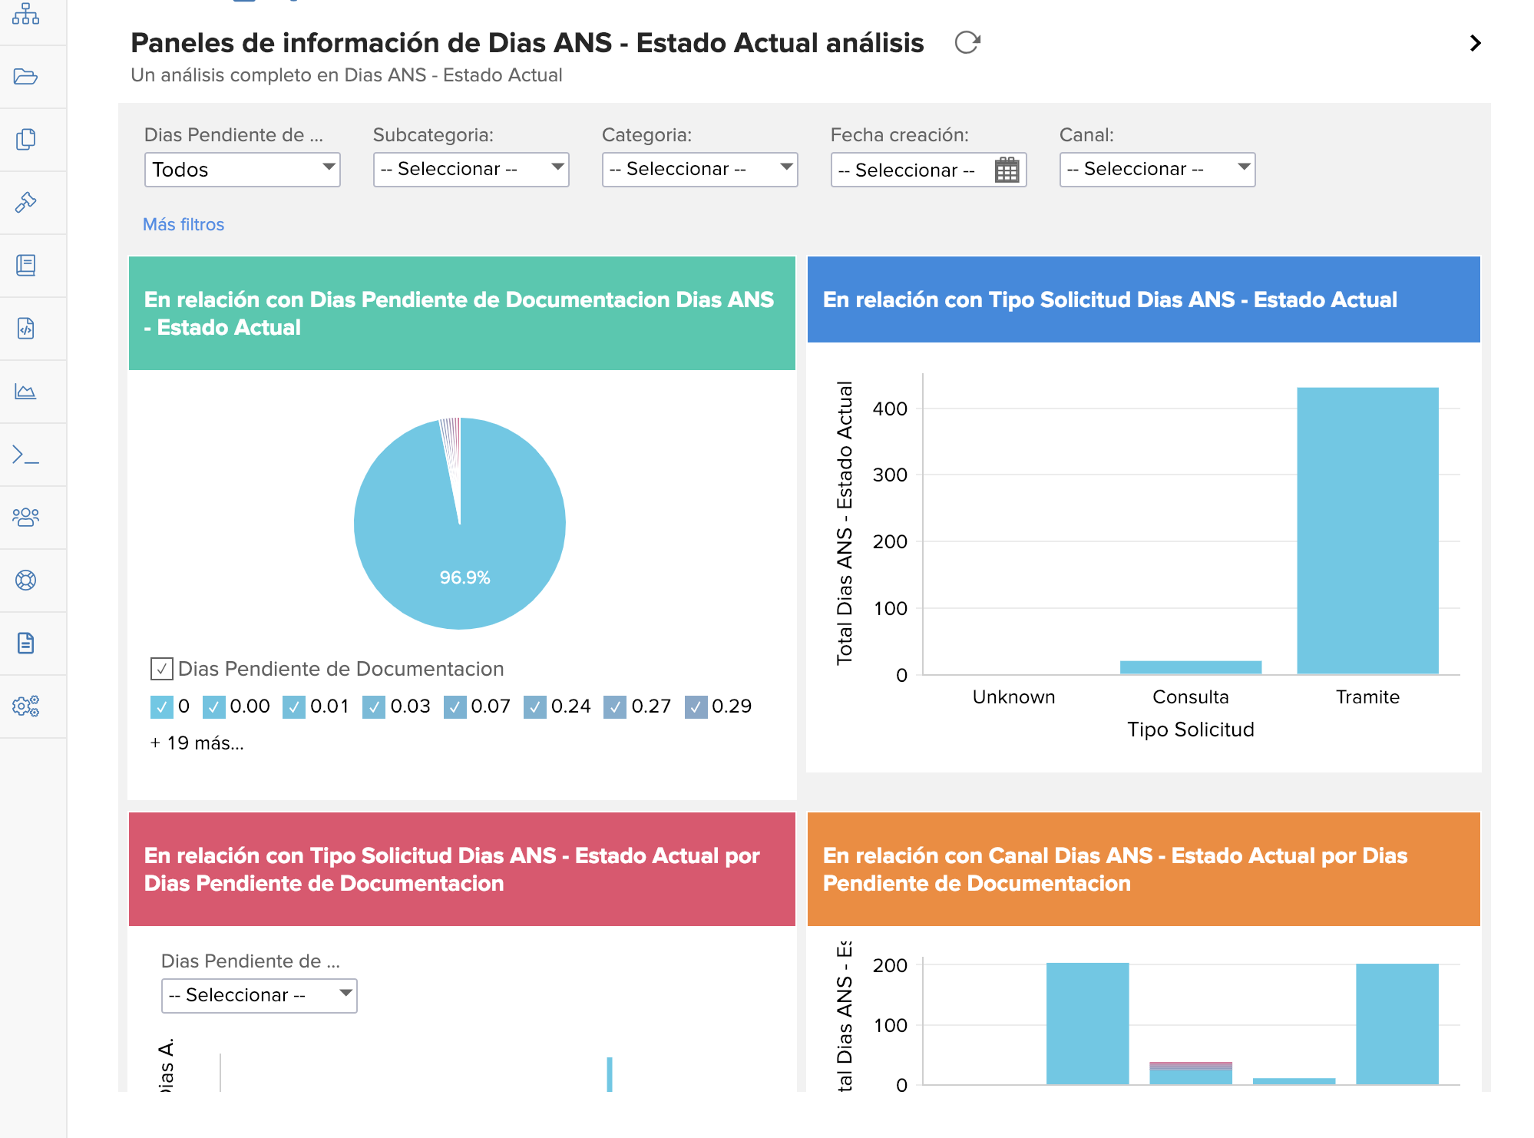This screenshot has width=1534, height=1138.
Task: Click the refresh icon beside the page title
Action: pos(967,42)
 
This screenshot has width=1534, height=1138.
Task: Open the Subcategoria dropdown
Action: pos(471,169)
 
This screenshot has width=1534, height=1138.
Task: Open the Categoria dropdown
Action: pos(699,169)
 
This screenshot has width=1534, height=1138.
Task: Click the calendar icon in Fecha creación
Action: pos(1007,170)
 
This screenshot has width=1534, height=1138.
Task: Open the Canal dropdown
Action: pos(1157,169)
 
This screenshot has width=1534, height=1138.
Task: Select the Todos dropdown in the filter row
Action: pos(242,169)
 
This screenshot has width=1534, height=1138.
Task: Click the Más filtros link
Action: pos(183,224)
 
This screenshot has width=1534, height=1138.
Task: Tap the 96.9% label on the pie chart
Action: pos(464,577)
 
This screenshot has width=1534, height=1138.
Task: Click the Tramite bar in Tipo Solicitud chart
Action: pos(1367,530)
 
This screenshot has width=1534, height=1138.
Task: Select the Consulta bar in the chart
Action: pos(1190,667)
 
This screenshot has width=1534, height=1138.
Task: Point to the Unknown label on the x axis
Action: pos(1013,696)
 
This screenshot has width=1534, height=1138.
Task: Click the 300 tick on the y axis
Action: pos(890,475)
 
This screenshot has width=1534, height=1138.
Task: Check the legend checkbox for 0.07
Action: pos(455,706)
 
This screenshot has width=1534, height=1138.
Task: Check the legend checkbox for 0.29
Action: pos(696,706)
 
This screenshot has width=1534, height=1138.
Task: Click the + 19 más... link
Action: pos(197,743)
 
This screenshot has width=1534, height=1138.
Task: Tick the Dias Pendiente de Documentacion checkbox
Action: pos(161,669)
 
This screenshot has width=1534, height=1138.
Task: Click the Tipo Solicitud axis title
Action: pos(1190,729)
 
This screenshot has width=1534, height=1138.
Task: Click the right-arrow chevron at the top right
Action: pos(1475,43)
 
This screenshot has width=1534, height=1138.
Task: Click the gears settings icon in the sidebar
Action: pos(26,706)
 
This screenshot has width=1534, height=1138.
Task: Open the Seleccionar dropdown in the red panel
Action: pos(259,995)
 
